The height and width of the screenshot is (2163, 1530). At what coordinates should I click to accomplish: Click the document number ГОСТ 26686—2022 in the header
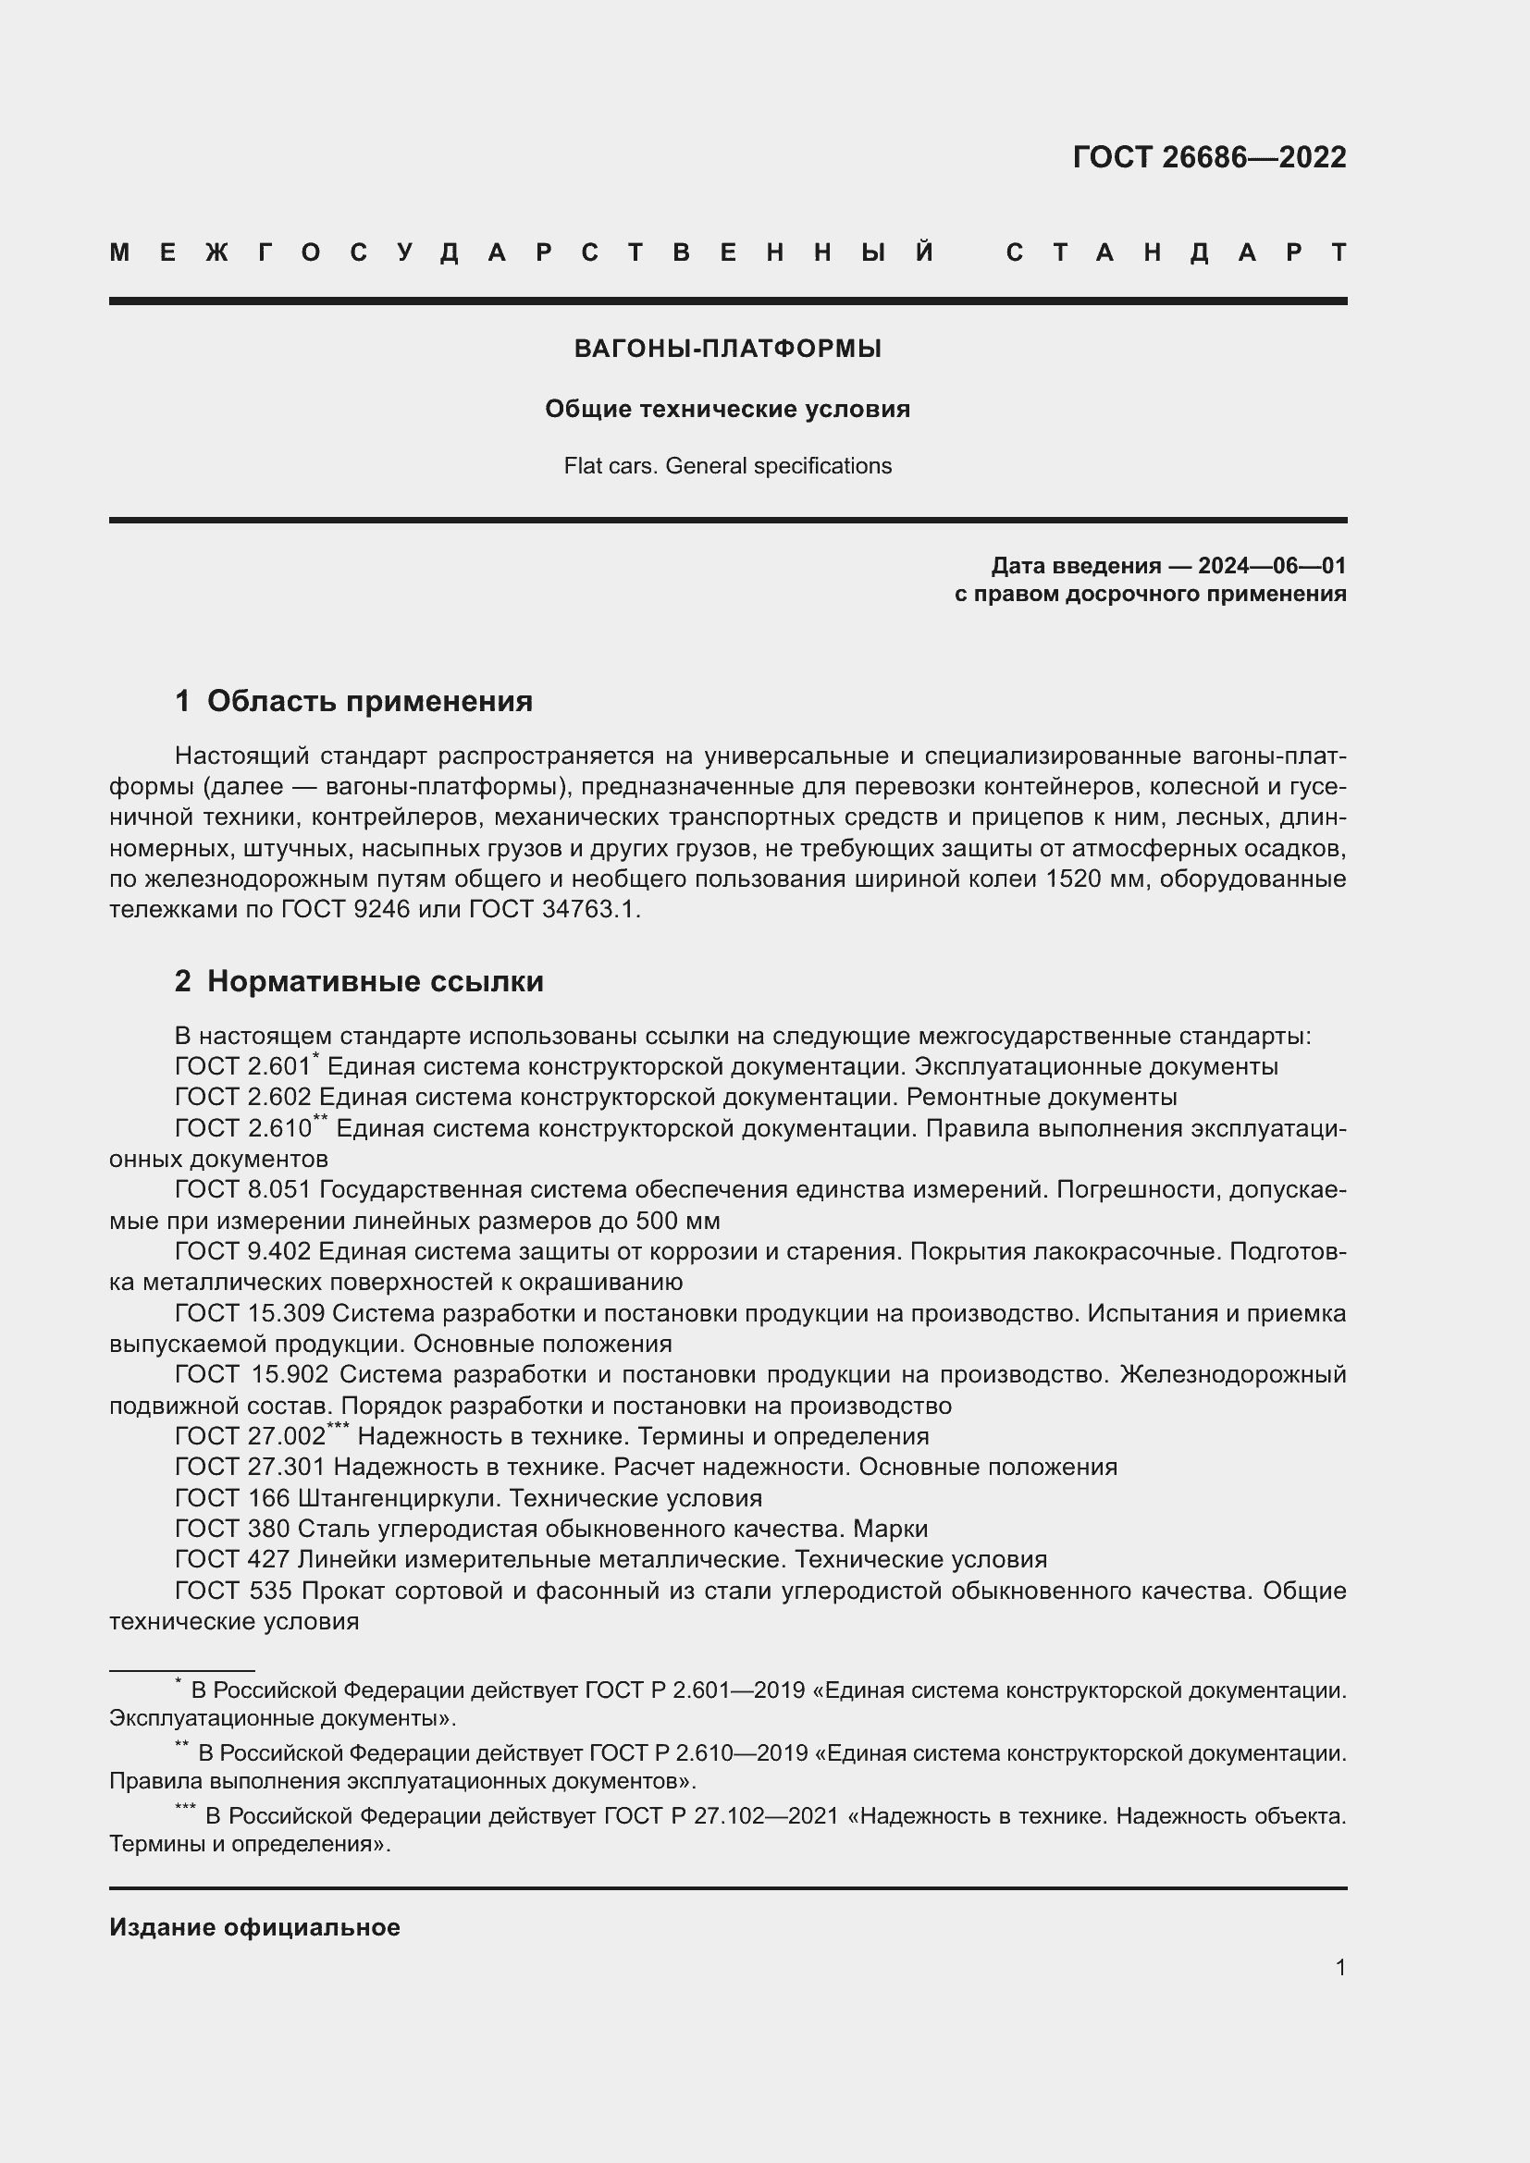(x=1209, y=157)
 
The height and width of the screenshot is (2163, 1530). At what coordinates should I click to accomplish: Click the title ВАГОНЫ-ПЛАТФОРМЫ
(x=727, y=350)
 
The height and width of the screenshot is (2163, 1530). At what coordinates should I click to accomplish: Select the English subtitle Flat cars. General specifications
(x=727, y=466)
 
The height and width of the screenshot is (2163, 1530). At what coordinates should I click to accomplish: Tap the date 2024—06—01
(x=1271, y=566)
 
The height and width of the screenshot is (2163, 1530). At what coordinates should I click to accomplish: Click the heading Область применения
(x=369, y=701)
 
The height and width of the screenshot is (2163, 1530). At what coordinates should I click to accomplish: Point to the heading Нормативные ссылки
(x=375, y=982)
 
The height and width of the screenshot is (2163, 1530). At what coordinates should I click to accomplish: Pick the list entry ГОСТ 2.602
(x=243, y=1097)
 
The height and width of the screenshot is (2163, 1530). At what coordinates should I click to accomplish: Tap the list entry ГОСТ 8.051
(x=243, y=1190)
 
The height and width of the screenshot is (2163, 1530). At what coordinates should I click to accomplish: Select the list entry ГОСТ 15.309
(x=250, y=1313)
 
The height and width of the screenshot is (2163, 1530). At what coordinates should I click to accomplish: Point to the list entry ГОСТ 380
(x=232, y=1529)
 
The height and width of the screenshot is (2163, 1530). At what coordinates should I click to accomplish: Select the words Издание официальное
(x=254, y=1927)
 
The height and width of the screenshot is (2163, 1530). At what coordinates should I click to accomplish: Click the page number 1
(x=1339, y=1967)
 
